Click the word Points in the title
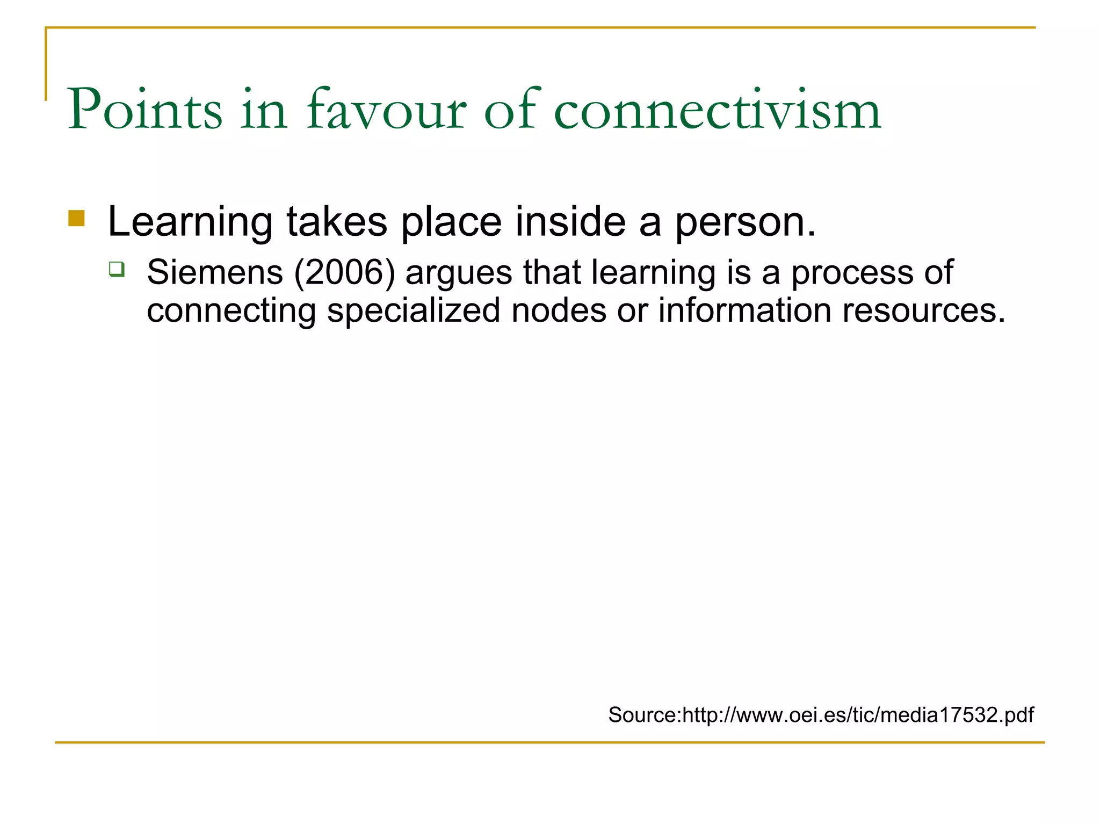pyautogui.click(x=144, y=110)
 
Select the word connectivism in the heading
pyautogui.click(x=717, y=110)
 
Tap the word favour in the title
pyautogui.click(x=386, y=110)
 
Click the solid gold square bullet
pyautogui.click(x=77, y=219)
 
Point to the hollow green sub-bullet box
pyautogui.click(x=117, y=269)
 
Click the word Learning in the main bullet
pyautogui.click(x=190, y=222)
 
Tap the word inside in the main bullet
pyautogui.click(x=570, y=221)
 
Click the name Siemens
pyautogui.click(x=215, y=272)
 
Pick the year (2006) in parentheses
pyautogui.click(x=344, y=272)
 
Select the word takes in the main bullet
pyautogui.click(x=337, y=221)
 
